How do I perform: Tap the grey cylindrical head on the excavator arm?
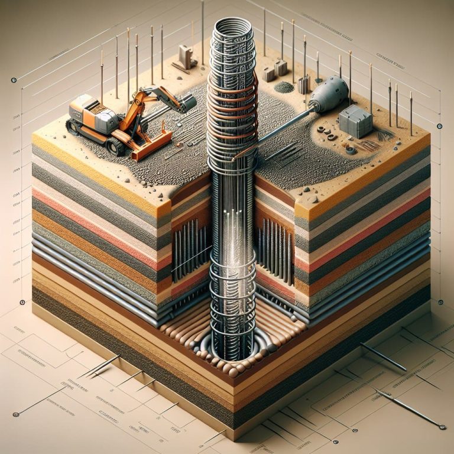(187, 105)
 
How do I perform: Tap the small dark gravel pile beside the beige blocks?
(285, 87)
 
